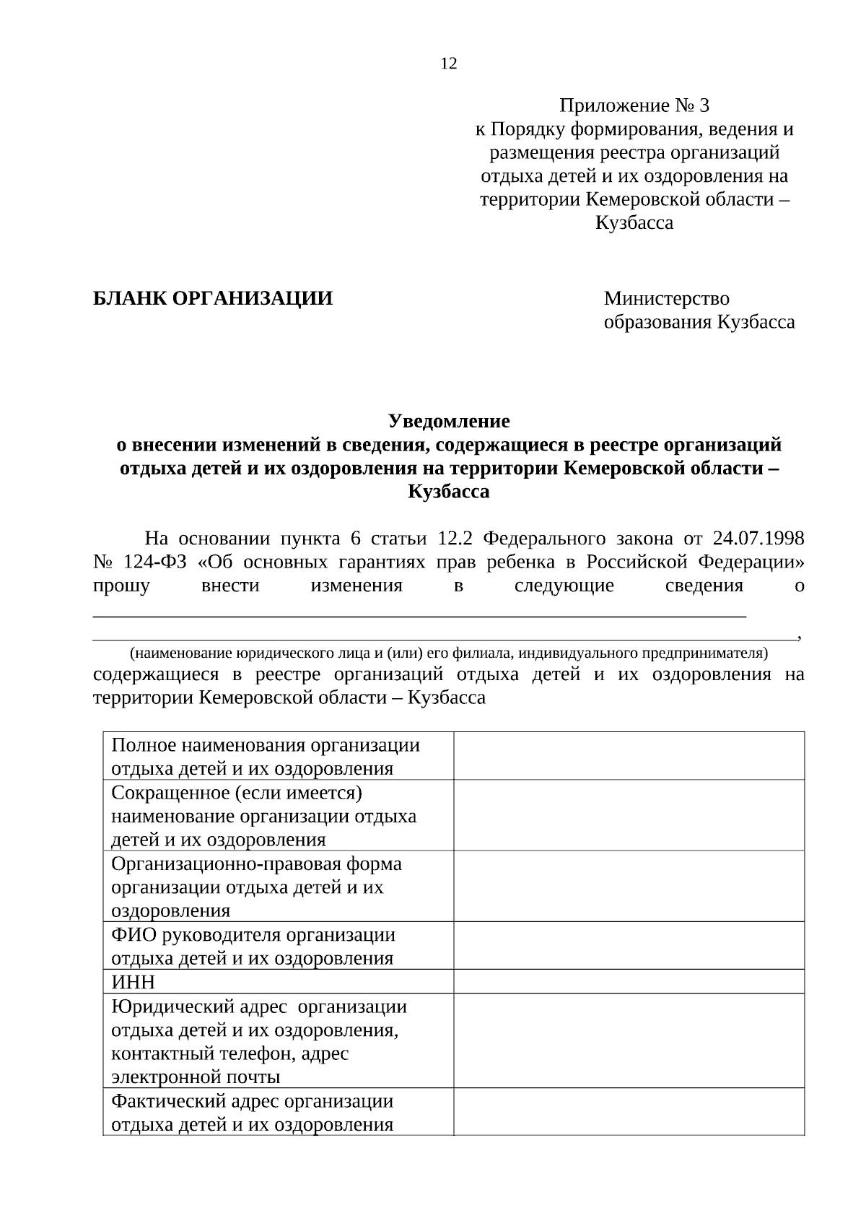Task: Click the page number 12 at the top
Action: pos(448,64)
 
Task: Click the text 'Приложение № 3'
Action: pos(634,106)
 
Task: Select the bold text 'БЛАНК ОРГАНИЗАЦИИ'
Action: pos(213,298)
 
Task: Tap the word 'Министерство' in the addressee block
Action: pos(666,298)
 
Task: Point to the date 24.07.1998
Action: pos(758,539)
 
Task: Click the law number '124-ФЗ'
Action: pos(149,562)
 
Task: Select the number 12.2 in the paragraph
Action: pos(454,539)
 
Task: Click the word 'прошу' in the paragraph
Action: pos(121,586)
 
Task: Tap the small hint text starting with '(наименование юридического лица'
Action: pos(448,653)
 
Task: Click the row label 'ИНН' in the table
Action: pos(133,982)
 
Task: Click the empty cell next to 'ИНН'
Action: pos(628,982)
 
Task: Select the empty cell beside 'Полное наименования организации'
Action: pos(628,756)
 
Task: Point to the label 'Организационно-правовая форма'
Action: pos(256,864)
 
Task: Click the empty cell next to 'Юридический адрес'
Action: pos(628,1040)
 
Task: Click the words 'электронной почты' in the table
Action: pos(196,1077)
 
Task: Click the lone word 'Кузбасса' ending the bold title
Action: pos(448,492)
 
